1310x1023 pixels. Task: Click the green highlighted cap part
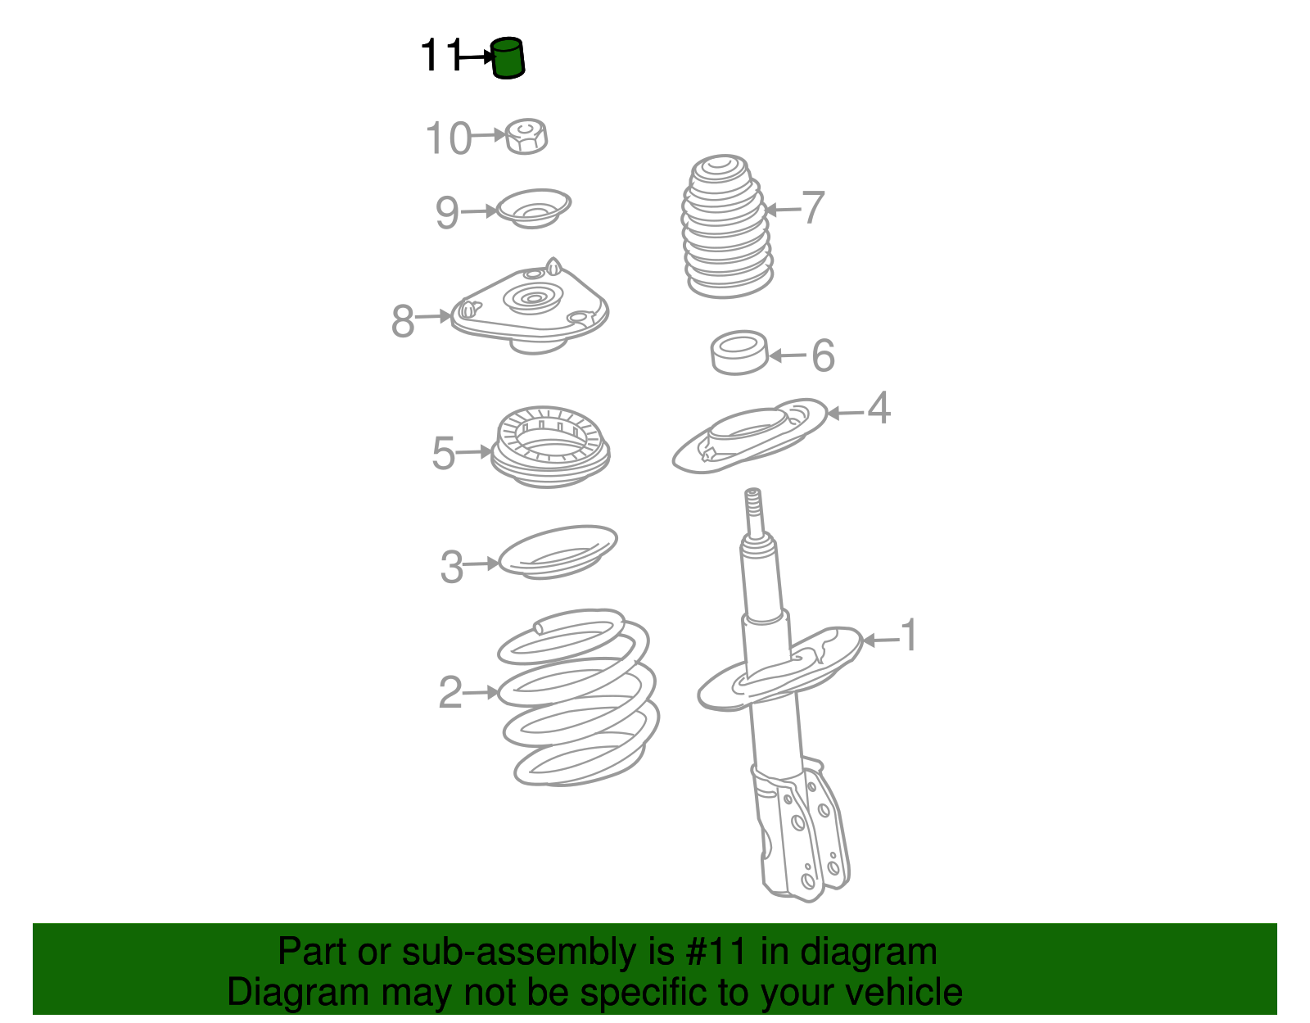pyautogui.click(x=508, y=58)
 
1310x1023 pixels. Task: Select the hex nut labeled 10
pyautogui.click(x=526, y=136)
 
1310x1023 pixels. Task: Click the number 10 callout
pyautogui.click(x=448, y=138)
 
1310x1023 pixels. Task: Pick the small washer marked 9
pyautogui.click(x=534, y=209)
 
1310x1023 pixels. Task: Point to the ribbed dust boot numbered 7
pyautogui.click(x=726, y=227)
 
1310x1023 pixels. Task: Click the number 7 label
pyautogui.click(x=813, y=207)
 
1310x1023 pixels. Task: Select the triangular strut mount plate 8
pyautogui.click(x=531, y=308)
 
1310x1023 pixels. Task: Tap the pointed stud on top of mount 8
pyautogui.click(x=553, y=266)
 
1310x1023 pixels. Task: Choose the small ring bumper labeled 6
pyautogui.click(x=739, y=353)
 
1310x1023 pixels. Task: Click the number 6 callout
pyautogui.click(x=824, y=355)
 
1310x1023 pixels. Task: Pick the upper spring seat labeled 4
pyautogui.click(x=750, y=436)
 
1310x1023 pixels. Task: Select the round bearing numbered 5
pyautogui.click(x=550, y=447)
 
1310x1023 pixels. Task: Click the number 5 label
pyautogui.click(x=443, y=453)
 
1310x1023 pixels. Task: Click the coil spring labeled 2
pyautogui.click(x=579, y=697)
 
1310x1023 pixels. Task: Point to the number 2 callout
pyautogui.click(x=450, y=692)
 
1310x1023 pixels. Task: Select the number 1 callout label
pyautogui.click(x=909, y=634)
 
